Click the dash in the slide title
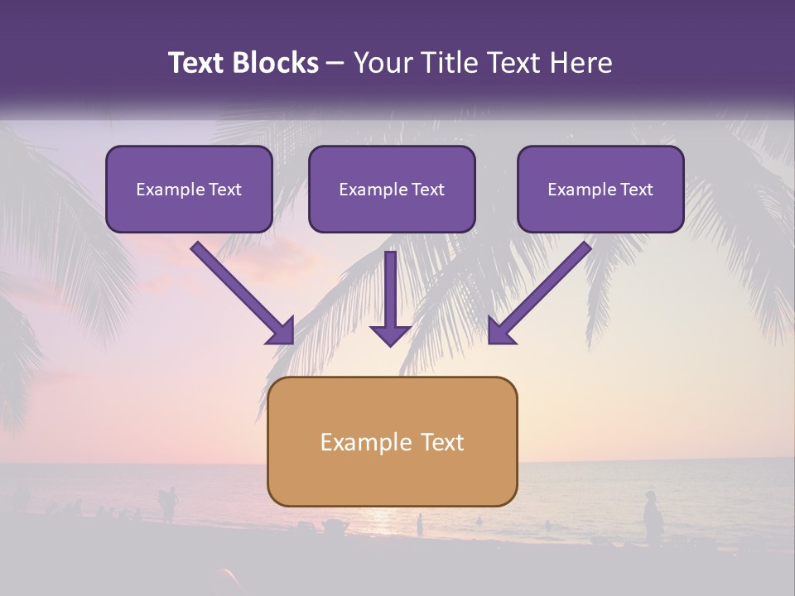336,64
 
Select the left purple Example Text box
189,189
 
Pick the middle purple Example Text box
392,189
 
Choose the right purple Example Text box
600,189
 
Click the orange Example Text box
392,441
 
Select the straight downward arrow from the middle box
391,294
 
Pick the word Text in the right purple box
636,190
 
